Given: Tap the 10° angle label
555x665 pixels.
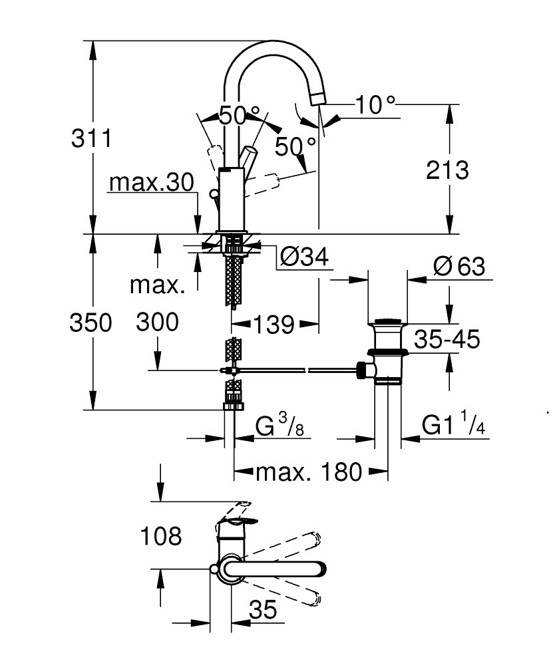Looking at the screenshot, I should click(375, 104).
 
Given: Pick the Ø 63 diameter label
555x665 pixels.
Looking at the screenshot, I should click(459, 267).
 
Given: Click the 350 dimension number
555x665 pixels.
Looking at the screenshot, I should click(92, 323).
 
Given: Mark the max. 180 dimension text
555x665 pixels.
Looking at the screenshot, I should click(309, 473).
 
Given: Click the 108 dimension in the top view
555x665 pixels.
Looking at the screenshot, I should click(160, 535).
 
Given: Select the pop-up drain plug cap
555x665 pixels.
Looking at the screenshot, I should click(388, 325).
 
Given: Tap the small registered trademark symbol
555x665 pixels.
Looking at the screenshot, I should click(548, 412).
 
